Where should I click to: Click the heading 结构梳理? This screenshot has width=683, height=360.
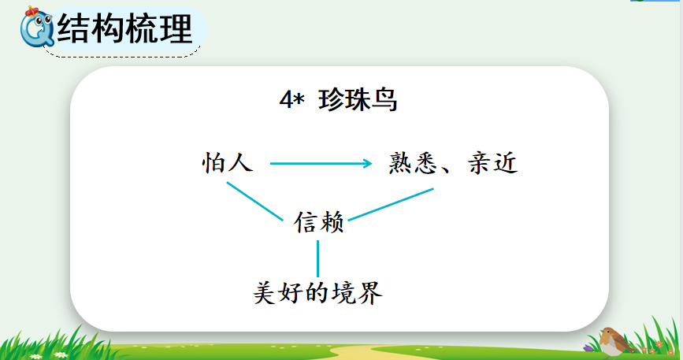pyautogui.click(x=124, y=28)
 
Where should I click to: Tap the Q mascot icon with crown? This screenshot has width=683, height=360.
pyautogui.click(x=36, y=27)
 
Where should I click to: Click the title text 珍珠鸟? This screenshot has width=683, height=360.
pyautogui.click(x=358, y=100)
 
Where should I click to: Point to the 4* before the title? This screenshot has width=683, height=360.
pyautogui.click(x=291, y=100)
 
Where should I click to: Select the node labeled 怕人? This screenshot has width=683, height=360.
pyautogui.click(x=228, y=163)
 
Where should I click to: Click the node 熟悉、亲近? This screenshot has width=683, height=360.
pyautogui.click(x=453, y=163)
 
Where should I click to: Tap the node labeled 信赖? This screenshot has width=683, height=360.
pyautogui.click(x=319, y=222)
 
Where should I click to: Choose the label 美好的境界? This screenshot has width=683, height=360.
pyautogui.click(x=318, y=292)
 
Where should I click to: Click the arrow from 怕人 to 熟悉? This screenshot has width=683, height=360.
pyautogui.click(x=321, y=164)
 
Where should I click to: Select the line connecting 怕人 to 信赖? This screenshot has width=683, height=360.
pyautogui.click(x=254, y=202)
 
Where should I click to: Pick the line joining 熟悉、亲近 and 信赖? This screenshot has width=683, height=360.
pyautogui.click(x=391, y=205)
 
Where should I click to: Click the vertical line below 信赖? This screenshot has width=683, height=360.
pyautogui.click(x=318, y=258)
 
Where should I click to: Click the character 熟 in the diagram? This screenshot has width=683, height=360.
pyautogui.click(x=401, y=163)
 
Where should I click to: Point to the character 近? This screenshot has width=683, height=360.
pyautogui.click(x=505, y=163)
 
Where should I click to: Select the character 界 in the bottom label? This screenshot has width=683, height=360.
pyautogui.click(x=371, y=292)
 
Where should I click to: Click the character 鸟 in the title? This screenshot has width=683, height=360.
pyautogui.click(x=384, y=100)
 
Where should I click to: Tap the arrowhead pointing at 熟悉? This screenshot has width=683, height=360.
pyautogui.click(x=367, y=164)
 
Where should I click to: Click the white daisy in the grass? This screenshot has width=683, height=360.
pyautogui.click(x=60, y=354)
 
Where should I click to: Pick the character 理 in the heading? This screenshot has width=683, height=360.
pyautogui.click(x=176, y=28)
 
